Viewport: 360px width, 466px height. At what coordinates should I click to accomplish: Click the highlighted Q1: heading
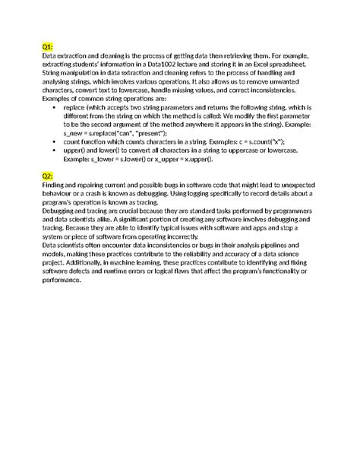point(48,47)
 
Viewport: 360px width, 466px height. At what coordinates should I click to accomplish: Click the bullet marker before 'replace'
point(55,108)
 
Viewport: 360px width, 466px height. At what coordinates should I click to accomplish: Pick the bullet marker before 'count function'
point(55,142)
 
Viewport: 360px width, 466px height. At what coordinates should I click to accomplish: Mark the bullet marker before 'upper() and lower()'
point(55,151)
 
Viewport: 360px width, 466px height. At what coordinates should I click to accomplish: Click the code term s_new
point(74,133)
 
